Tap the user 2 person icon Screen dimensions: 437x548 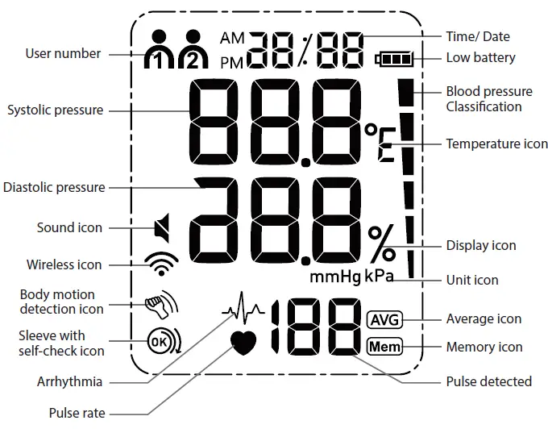click(193, 50)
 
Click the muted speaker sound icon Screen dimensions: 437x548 click(162, 228)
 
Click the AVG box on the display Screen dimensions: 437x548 click(384, 319)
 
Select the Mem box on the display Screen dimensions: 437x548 click(384, 348)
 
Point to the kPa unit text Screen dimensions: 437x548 click(380, 277)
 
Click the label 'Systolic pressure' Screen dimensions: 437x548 click(55, 110)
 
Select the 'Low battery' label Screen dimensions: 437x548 click(480, 58)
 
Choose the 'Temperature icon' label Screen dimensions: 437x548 click(496, 144)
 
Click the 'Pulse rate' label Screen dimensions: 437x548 click(77, 414)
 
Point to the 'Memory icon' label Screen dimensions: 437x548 click(484, 348)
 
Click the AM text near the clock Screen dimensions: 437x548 click(232, 38)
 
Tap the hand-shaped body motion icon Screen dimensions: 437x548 click(160, 304)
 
